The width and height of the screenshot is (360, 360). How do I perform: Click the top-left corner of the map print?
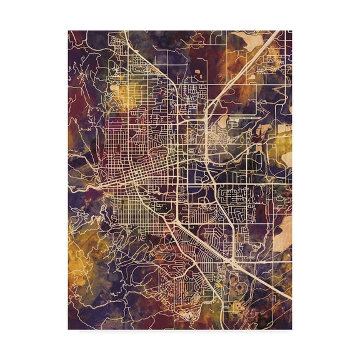68,30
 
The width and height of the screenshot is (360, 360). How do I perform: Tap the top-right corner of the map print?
292,30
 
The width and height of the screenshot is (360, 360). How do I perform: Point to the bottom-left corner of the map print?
68,329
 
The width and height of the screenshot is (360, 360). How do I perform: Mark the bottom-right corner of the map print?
292,329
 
